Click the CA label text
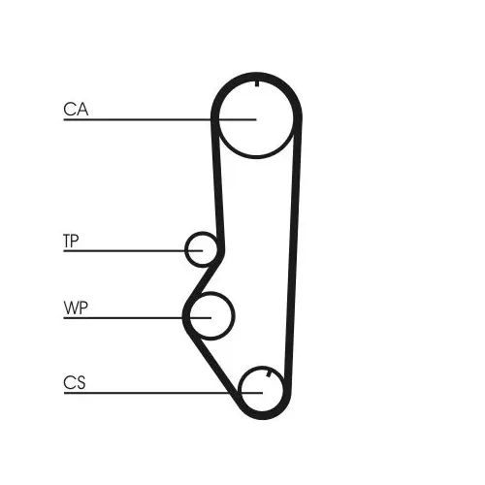76,109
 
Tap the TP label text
71,241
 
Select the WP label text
76,307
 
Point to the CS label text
75,382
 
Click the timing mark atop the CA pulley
257,83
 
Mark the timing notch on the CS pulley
269,374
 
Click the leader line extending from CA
160,119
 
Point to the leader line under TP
133,250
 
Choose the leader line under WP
138,318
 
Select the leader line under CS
163,393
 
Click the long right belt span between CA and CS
294,252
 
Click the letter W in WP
71,307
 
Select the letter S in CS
81,382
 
